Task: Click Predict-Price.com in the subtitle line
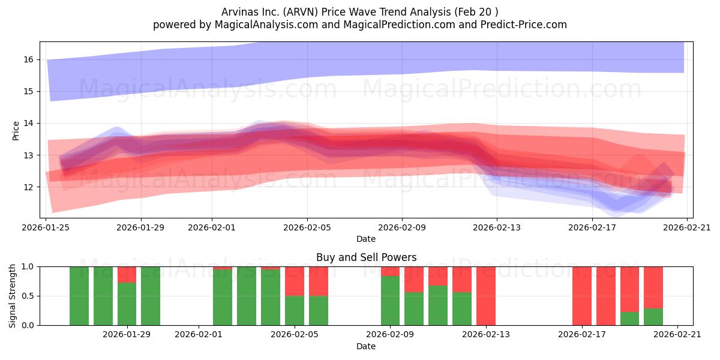[524, 25]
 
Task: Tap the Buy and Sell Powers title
[366, 257]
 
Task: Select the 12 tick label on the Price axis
[28, 187]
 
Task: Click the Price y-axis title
[16, 131]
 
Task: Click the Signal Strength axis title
[12, 296]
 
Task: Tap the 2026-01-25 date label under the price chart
[46, 227]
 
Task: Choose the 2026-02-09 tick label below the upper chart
[402, 227]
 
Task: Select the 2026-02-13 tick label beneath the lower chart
[485, 334]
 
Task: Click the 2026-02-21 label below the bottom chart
[677, 334]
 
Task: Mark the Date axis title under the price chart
[366, 239]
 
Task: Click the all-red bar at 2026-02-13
[485, 296]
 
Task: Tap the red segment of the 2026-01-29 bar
[127, 275]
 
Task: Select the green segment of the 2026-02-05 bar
[295, 311]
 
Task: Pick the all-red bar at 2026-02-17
[582, 296]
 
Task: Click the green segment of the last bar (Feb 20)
[653, 317]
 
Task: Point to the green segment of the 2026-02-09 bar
[390, 301]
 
